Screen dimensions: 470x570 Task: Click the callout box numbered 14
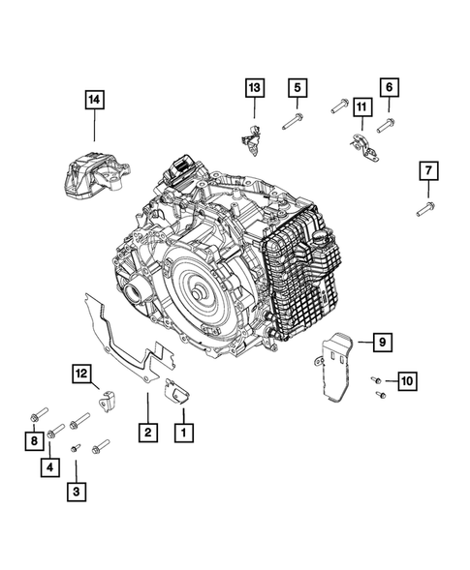[95, 100]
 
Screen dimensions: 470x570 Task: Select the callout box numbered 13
[255, 88]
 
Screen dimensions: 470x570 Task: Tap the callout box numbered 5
[298, 88]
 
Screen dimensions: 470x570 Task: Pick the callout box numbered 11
[361, 106]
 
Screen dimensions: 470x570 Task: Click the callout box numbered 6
[390, 87]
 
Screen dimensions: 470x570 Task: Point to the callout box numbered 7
[428, 170]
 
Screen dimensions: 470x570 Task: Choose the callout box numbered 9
[382, 342]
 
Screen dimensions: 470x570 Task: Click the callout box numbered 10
[407, 381]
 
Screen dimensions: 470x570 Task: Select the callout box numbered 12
[82, 374]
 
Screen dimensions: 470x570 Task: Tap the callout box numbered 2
[148, 433]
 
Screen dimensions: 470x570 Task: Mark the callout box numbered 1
[183, 433]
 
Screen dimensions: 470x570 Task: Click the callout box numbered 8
[34, 441]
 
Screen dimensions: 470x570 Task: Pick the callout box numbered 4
[49, 467]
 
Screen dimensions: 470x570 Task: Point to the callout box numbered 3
[77, 492]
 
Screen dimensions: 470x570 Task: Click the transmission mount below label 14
[97, 175]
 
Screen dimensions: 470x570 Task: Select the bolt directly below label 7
[425, 209]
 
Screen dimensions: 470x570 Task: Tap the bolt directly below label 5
[293, 121]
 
